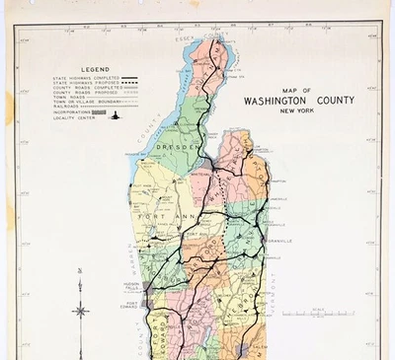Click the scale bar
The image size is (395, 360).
(317, 314)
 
